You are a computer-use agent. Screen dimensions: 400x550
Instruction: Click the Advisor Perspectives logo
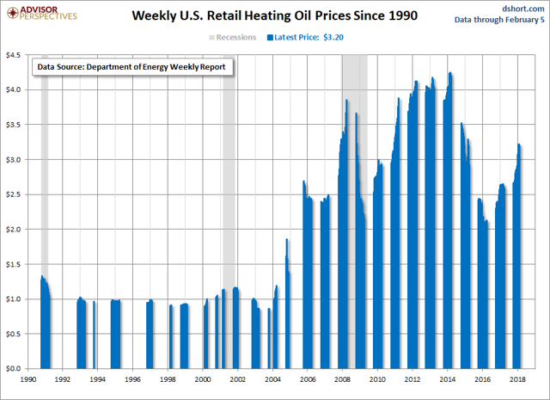click(40, 15)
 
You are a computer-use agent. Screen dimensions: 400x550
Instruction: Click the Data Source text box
click(132, 65)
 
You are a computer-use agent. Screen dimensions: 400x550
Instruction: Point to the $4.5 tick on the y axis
click(15, 54)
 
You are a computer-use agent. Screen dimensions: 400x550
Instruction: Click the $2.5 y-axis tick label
click(15, 194)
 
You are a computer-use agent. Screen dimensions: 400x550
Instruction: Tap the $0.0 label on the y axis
click(15, 368)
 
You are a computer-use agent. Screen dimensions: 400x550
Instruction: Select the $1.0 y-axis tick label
click(15, 298)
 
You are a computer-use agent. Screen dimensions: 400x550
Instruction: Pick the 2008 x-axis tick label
click(342, 378)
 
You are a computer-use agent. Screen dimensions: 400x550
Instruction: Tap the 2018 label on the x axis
click(516, 378)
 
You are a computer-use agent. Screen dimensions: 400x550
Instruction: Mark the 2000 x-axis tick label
click(202, 378)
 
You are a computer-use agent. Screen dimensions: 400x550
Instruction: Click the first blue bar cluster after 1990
click(46, 327)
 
